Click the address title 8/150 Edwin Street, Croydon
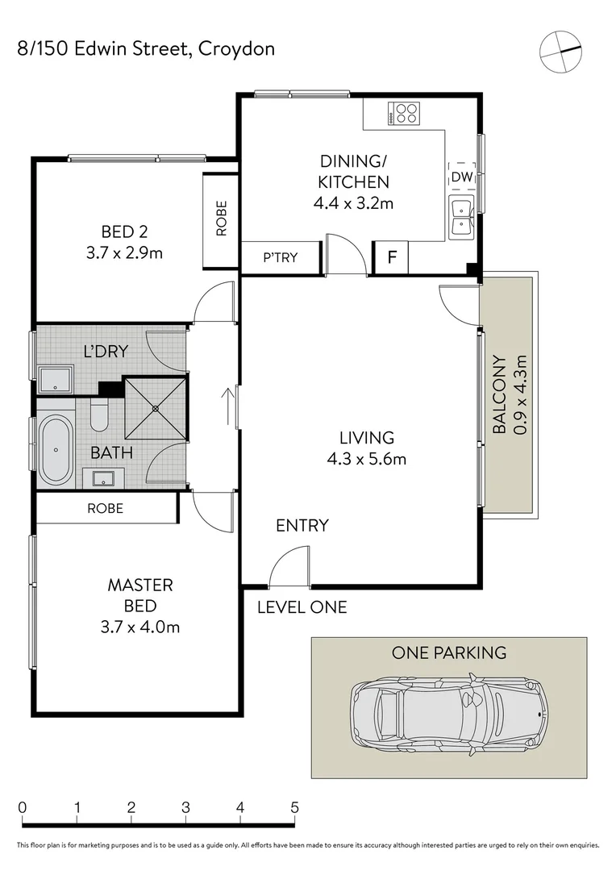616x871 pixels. point(146,48)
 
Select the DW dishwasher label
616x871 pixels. point(461,177)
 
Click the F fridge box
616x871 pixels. point(392,258)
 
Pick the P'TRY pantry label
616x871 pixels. point(281,258)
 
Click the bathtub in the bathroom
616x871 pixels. point(56,447)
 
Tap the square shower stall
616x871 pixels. point(156,408)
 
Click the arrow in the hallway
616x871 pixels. point(229,408)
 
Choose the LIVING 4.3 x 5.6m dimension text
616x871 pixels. point(366,461)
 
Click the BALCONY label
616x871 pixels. point(500,395)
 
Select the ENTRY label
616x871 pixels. point(302,526)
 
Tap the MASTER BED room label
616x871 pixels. point(140,595)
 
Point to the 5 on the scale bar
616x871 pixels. point(294,807)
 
